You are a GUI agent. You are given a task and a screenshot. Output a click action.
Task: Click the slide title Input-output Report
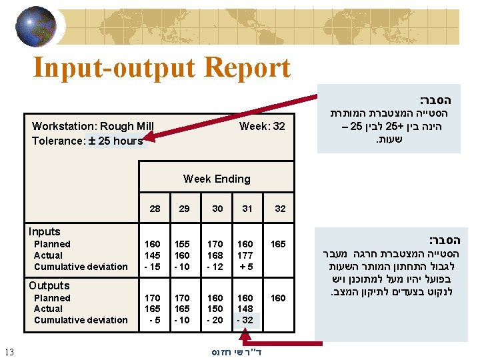[x=161, y=68]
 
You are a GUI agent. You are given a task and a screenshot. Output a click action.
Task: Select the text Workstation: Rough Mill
[x=93, y=126]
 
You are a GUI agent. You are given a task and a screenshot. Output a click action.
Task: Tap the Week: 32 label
[x=262, y=126]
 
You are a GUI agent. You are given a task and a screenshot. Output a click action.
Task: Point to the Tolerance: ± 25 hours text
[x=87, y=141]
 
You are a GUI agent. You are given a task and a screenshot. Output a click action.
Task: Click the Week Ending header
[x=217, y=179]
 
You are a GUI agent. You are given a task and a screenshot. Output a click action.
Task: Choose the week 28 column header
[x=155, y=209]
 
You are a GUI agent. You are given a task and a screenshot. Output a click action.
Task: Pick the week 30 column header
[x=217, y=209]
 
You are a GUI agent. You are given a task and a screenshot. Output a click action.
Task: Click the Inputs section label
[x=44, y=231]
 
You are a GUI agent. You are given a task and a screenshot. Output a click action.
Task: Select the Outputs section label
[x=49, y=285]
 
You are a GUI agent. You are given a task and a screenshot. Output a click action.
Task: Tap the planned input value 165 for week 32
[x=278, y=244]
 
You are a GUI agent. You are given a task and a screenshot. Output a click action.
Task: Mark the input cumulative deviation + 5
[x=246, y=267]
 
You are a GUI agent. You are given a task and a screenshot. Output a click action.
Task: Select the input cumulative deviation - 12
[x=216, y=267]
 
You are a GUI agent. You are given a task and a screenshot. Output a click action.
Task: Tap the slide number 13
[x=9, y=351]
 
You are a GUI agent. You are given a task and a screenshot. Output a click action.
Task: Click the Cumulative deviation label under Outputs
[x=81, y=320]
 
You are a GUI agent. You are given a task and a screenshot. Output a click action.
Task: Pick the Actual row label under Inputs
[x=48, y=255]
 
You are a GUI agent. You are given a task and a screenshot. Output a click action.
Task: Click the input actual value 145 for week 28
[x=152, y=255]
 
